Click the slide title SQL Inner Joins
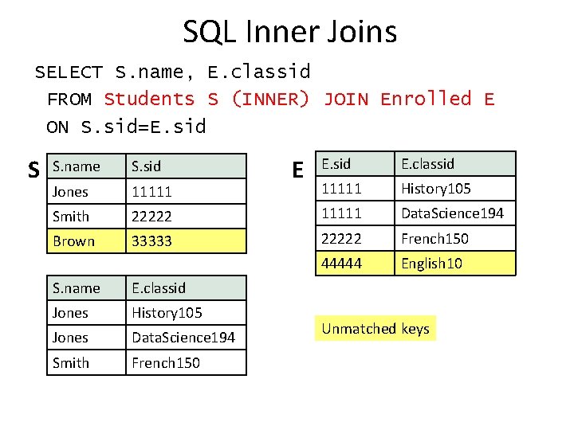tap(289, 32)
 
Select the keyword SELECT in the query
tap(68, 72)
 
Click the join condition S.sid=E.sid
tap(143, 127)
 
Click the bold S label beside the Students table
tap(33, 170)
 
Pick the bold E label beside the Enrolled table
tap(297, 170)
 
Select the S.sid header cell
tap(185, 166)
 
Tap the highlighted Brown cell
tap(86, 241)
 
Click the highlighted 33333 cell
tap(185, 241)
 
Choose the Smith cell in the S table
tap(86, 217)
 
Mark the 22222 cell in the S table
tap(185, 217)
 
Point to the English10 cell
tap(454, 264)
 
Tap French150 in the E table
tap(454, 239)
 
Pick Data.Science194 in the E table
tap(454, 213)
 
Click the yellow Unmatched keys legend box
tap(375, 329)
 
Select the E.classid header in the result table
tap(185, 288)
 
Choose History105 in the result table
tap(185, 313)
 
